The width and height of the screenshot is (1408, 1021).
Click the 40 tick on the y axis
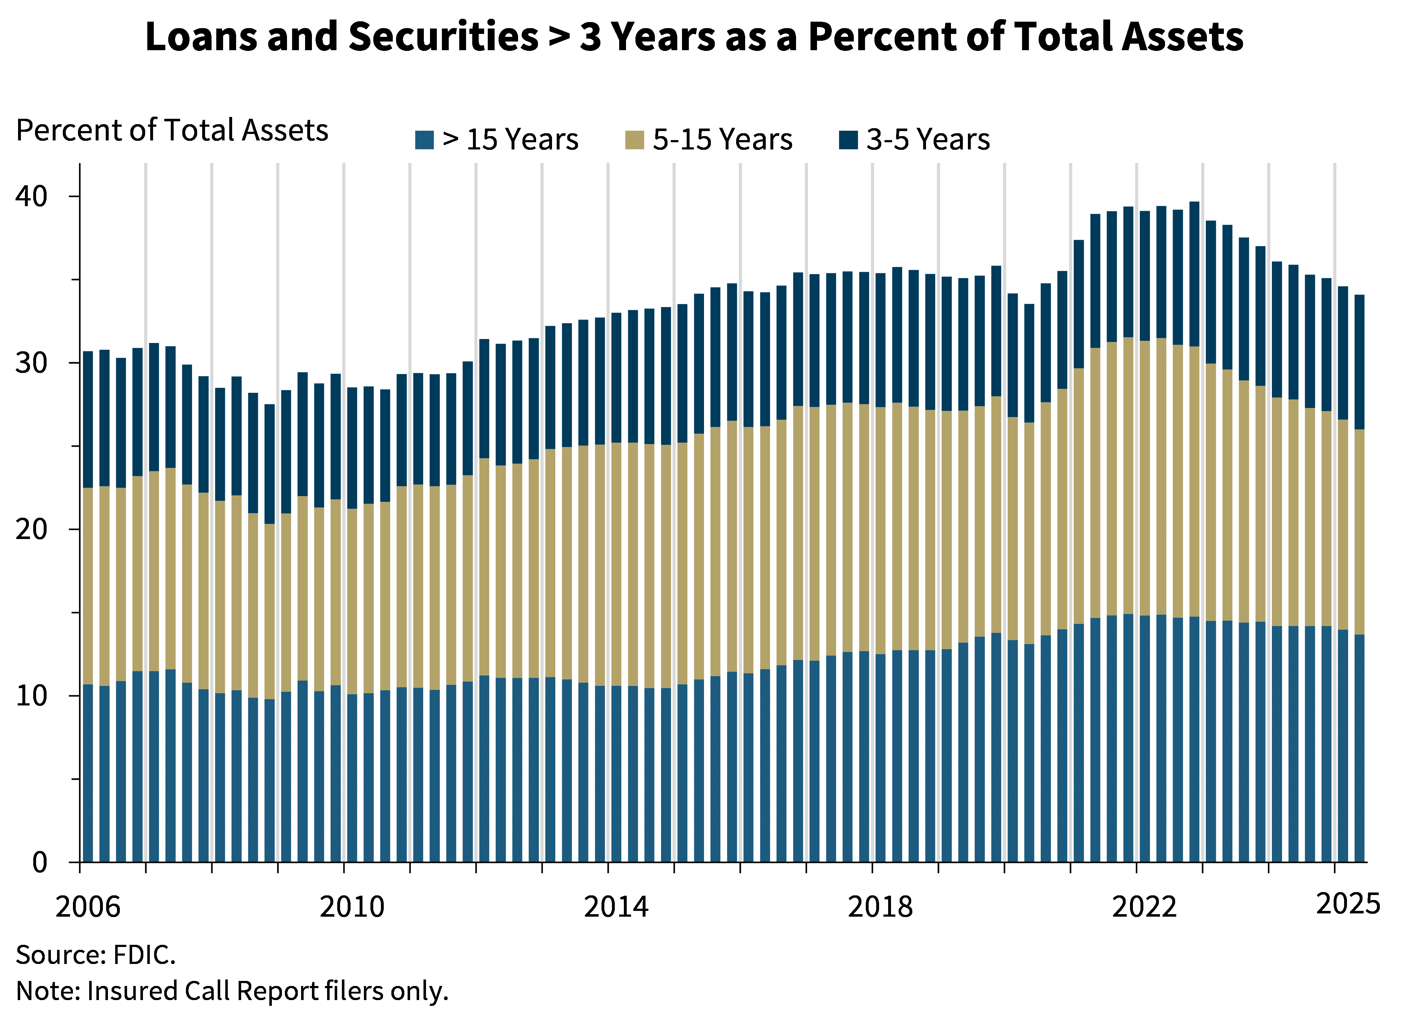pos(32,196)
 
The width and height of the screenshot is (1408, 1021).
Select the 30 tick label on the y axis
pos(32,362)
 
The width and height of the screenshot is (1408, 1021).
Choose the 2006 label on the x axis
pos(87,905)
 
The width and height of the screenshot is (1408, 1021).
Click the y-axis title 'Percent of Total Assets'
pos(174,131)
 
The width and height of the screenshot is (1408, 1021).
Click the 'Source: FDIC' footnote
pos(93,955)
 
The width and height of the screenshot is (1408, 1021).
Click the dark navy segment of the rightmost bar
pos(1359,362)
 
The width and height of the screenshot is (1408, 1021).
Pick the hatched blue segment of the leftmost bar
pos(87,773)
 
